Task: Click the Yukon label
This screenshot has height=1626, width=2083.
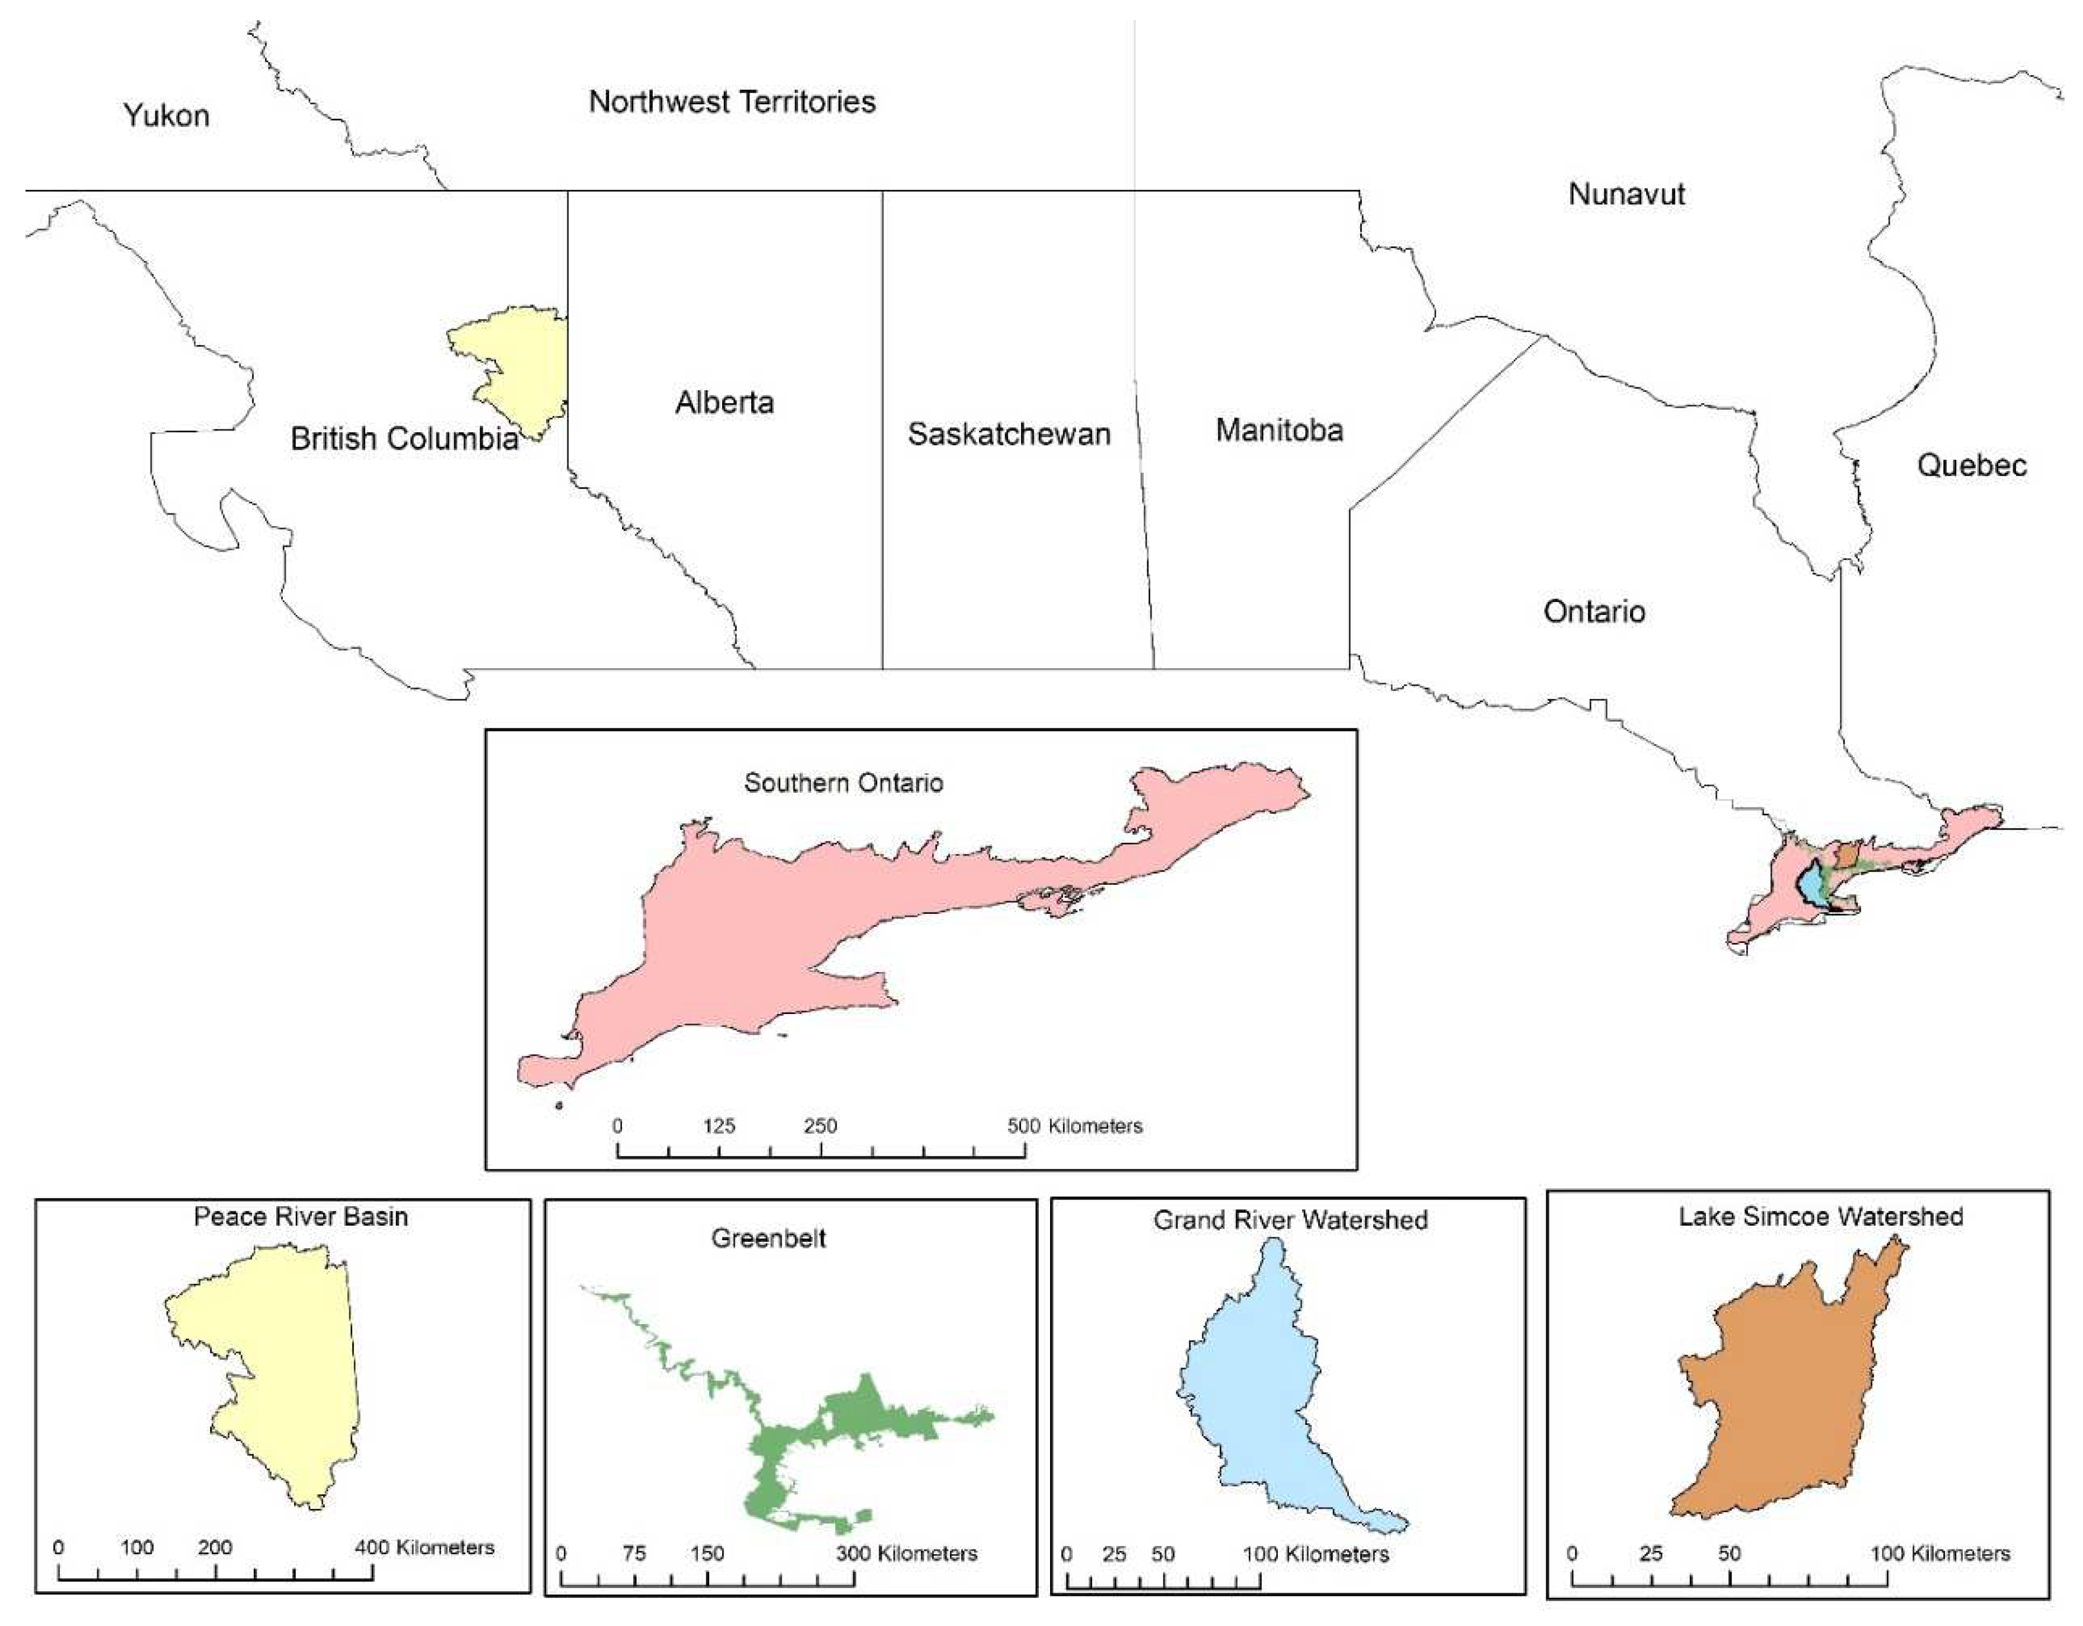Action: point(166,116)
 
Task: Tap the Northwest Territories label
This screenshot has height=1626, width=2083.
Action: point(732,102)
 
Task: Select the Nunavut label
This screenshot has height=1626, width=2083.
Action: point(1626,195)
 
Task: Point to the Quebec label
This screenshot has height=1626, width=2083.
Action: point(1972,466)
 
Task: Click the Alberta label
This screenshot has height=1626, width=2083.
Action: point(724,403)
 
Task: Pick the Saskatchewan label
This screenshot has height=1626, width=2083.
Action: point(1008,434)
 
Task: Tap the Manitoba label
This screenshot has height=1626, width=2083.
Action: point(1279,430)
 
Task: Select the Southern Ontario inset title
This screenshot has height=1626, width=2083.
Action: point(843,783)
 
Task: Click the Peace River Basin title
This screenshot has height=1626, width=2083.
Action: point(301,1217)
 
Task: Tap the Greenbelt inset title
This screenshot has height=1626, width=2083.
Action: point(768,1239)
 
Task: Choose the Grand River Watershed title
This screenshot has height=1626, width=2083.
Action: point(1290,1220)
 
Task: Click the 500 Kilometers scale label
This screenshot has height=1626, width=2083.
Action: point(1074,1126)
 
